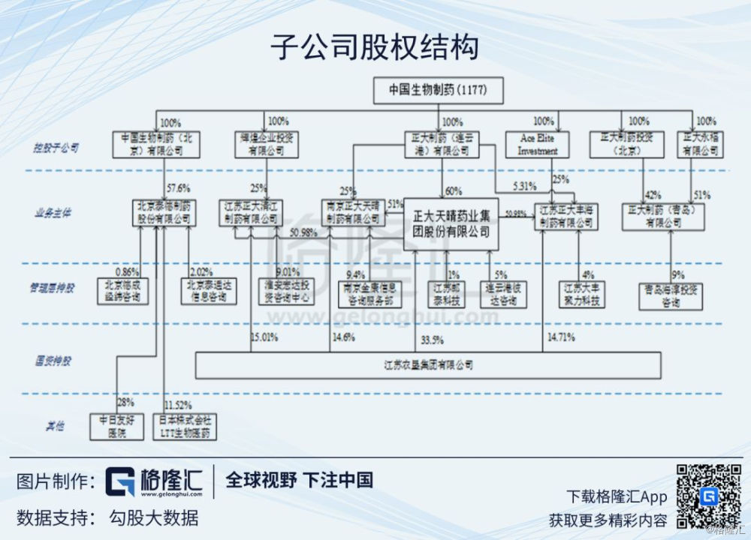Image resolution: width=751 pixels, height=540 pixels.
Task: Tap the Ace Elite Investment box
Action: (538, 145)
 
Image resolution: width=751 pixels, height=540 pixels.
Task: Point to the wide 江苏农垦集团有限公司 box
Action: (427, 364)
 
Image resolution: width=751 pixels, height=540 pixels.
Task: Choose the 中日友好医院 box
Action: (116, 426)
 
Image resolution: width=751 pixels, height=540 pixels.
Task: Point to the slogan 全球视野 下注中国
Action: (299, 480)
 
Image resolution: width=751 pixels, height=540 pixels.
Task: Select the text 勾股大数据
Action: (154, 517)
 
